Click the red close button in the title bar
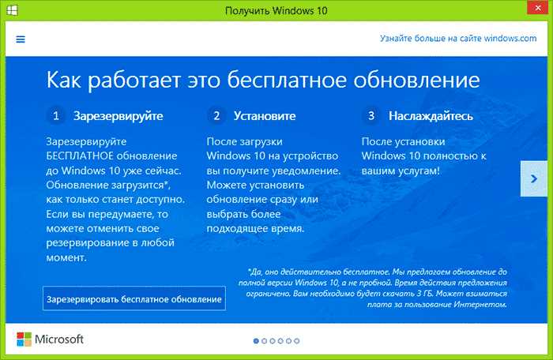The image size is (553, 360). (537, 7)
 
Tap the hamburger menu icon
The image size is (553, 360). (21, 39)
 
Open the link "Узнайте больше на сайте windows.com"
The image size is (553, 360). (458, 38)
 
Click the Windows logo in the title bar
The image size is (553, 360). (12, 10)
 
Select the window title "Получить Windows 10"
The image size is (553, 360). (276, 10)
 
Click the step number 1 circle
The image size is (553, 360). (56, 115)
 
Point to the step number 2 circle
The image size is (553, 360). (216, 115)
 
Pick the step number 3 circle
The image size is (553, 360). (371, 115)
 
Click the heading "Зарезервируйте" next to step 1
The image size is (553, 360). (118, 116)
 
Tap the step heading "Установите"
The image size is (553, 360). (265, 116)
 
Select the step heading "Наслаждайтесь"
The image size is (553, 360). (431, 116)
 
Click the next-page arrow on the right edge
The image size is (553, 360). (534, 178)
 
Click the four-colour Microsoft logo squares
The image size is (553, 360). (24, 339)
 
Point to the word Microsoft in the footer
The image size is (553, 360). (59, 339)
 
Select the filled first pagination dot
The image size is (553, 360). (256, 341)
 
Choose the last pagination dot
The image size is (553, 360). (297, 341)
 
